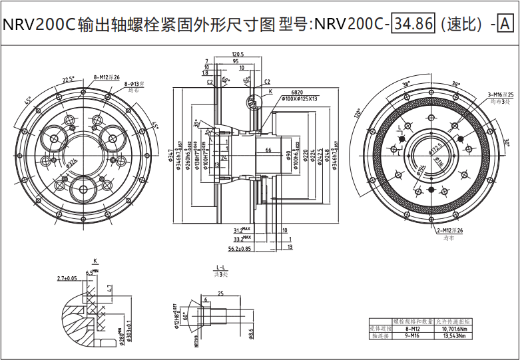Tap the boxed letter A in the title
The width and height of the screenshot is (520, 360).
(505, 25)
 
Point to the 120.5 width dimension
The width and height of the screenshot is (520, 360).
(238, 54)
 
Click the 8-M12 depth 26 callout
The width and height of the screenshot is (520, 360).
(107, 77)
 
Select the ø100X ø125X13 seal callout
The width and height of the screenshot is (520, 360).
(299, 98)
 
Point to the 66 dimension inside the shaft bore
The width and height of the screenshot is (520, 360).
(268, 150)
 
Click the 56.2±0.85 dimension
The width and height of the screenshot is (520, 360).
(238, 249)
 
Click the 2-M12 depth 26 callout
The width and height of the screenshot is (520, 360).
(450, 230)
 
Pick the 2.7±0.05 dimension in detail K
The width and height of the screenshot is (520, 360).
(67, 277)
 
